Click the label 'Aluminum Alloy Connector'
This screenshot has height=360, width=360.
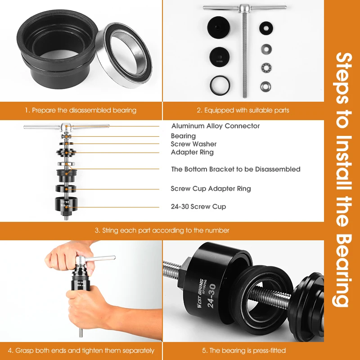(216, 126)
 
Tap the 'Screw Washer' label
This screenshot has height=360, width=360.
(193, 144)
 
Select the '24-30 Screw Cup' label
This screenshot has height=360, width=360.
(198, 207)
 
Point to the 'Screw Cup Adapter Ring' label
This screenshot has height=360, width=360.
(211, 189)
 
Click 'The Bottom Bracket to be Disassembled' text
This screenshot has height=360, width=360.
(236, 169)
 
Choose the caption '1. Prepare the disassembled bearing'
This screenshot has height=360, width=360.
(81, 110)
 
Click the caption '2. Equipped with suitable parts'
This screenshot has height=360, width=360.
(243, 110)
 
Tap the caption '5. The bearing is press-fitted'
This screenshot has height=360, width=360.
(244, 351)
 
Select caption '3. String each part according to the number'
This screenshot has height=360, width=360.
(162, 230)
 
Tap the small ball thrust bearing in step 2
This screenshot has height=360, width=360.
(266, 68)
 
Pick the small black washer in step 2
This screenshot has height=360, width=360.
(266, 28)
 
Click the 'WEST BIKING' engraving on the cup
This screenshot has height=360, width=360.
(200, 293)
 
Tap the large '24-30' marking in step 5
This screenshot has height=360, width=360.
(211, 296)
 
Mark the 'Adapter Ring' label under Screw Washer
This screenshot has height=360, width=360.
(192, 152)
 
